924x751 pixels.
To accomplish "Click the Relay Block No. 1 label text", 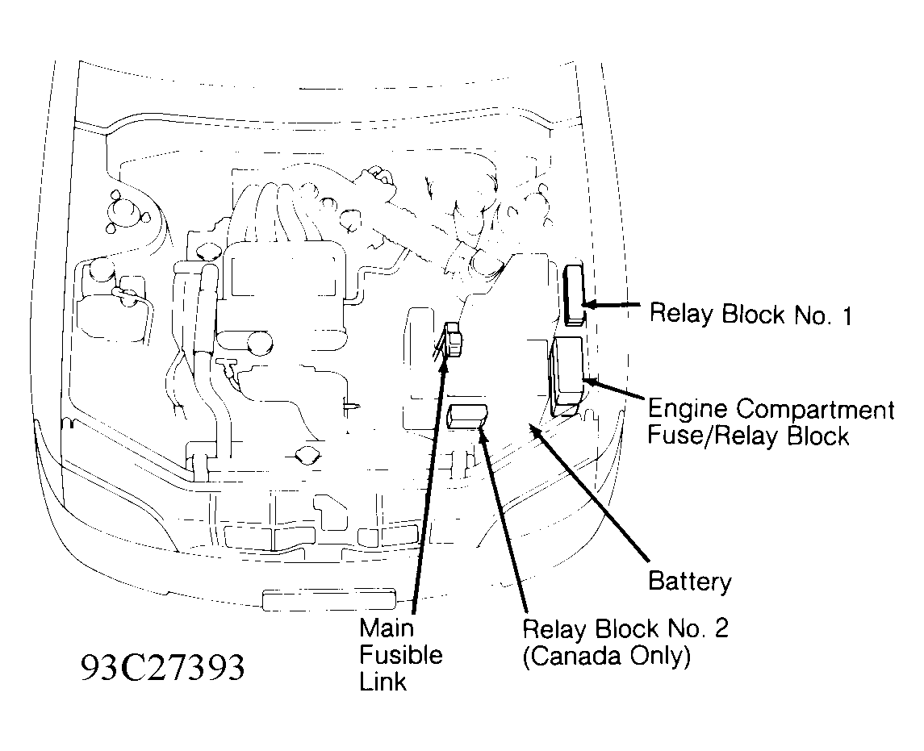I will pos(750,314).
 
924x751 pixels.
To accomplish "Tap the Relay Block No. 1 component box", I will pos(575,294).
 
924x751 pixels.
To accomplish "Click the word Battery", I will pos(690,581).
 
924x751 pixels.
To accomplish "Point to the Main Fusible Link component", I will pos(454,340).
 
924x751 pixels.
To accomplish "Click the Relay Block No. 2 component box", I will pos(467,415).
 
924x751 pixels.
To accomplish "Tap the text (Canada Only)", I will pos(607,657).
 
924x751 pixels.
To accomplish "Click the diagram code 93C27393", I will pos(162,668).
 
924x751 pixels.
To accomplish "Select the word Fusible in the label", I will pos(401,654).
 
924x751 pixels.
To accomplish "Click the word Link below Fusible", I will pos(383,682).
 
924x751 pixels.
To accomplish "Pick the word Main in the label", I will pos(386,628).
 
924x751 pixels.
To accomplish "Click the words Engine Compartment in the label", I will pos(771,410).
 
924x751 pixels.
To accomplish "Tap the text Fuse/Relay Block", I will pos(748,436).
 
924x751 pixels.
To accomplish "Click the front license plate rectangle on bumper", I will pos(328,599).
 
